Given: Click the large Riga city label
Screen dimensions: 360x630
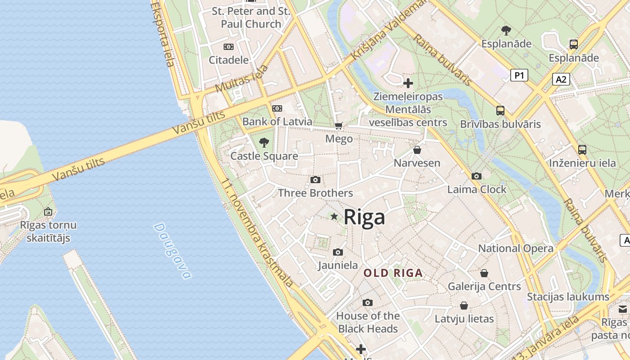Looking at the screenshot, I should coord(364,217).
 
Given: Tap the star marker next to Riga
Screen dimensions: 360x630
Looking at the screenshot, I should coord(334,217).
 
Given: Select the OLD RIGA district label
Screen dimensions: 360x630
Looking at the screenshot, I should coord(393,273).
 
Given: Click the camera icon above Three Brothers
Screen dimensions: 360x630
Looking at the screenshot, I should coord(315,180).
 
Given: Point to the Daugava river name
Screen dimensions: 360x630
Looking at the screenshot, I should coord(172,251).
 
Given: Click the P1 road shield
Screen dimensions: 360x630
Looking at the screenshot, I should coord(519,75).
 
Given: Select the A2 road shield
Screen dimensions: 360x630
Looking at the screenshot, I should coord(561,80).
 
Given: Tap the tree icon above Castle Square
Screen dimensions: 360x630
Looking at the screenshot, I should coord(264,143).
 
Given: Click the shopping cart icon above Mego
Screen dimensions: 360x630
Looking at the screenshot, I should coord(338,126).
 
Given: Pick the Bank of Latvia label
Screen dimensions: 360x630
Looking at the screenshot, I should coord(277,121).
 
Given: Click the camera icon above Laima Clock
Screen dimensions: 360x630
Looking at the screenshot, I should coord(477,176).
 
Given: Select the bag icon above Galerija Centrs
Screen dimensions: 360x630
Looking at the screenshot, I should coord(484,273).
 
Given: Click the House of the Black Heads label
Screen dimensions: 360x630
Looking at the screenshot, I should coord(368,322).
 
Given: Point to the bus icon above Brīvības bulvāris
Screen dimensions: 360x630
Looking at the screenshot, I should coord(500,111).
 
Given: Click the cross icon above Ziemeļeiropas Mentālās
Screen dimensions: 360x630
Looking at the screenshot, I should coord(408,83).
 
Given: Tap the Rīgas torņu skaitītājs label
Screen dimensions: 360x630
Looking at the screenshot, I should coord(48,231).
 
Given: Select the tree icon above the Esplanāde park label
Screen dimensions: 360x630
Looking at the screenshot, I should coord(506,31).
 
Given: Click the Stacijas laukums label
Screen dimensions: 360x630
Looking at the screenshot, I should coord(568,297).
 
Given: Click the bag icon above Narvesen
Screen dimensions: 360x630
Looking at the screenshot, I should coord(417,150).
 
